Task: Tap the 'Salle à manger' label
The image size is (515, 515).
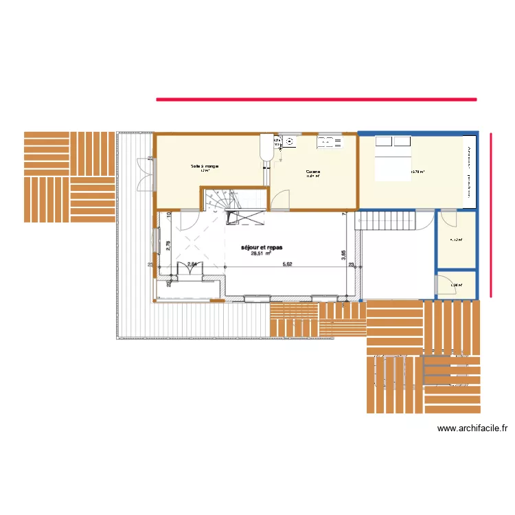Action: [x=205, y=167]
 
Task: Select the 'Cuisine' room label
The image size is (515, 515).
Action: [x=313, y=172]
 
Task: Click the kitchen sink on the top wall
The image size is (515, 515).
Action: [x=329, y=142]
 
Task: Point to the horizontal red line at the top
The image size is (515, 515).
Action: [x=316, y=100]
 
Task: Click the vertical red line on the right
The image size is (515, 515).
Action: [x=491, y=215]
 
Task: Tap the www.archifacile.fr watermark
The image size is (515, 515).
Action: [x=472, y=428]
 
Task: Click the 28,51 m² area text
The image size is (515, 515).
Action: [x=261, y=253]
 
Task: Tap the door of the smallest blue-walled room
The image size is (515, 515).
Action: [x=443, y=284]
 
